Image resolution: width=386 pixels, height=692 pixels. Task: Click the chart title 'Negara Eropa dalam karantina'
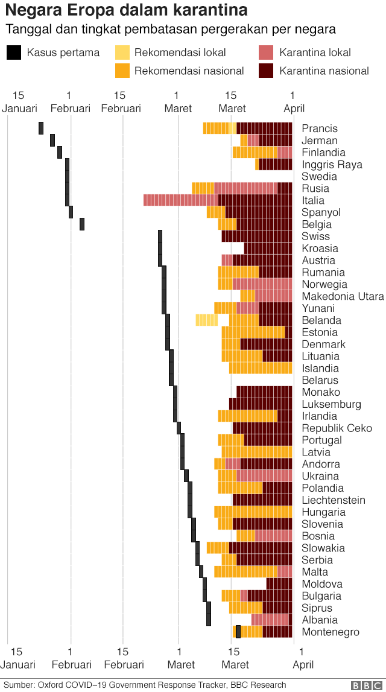click(127, 10)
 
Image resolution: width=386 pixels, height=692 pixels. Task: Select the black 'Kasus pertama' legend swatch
click(14, 52)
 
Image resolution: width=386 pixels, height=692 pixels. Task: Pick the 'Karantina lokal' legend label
click(315, 52)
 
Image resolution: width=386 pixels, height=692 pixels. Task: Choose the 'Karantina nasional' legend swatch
click(266, 71)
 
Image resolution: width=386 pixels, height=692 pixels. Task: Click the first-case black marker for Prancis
click(41, 128)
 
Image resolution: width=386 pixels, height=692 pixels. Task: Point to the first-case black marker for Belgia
click(82, 224)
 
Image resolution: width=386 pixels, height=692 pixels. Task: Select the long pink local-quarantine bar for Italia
click(180, 200)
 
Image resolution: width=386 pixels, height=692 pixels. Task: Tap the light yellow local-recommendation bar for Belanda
click(206, 320)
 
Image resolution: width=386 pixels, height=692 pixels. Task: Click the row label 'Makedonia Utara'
click(343, 296)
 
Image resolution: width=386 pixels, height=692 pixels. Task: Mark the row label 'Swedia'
click(319, 176)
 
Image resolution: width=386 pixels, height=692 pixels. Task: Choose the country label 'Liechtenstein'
click(333, 500)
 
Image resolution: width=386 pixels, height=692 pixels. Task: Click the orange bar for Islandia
click(260, 368)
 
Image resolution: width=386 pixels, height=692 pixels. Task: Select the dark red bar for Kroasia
click(268, 248)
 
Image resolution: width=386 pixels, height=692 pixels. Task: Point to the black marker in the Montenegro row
click(238, 631)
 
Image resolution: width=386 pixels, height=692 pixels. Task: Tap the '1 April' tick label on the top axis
click(294, 102)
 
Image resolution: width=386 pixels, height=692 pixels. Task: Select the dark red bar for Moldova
click(279, 583)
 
